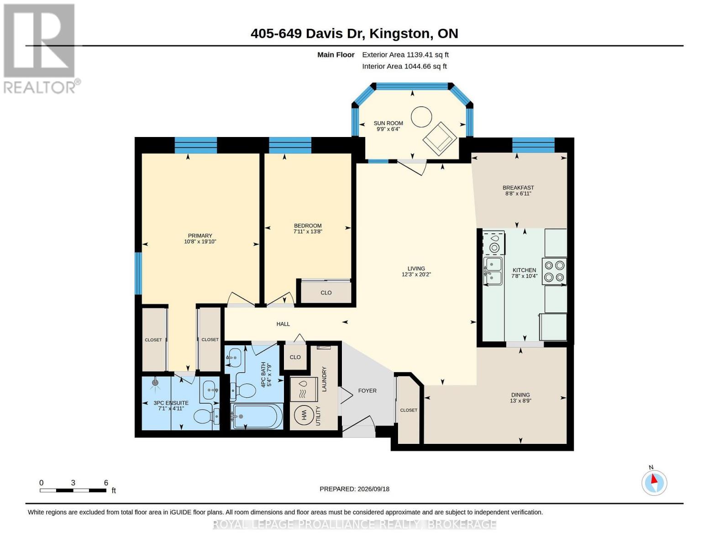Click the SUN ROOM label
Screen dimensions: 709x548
388,123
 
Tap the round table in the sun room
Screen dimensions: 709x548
421,117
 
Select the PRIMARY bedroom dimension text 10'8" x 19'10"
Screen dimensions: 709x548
200,242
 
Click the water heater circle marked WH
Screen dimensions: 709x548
303,416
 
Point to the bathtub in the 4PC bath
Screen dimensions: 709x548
257,416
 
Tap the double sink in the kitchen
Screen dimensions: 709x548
493,271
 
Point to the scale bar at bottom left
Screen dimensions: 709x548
73,490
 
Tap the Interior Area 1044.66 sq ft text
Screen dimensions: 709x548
404,66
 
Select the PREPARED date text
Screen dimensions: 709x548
354,489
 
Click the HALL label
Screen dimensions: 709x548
283,324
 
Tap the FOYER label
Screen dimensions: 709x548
367,390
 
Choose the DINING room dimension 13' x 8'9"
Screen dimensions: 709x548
520,400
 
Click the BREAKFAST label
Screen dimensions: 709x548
518,188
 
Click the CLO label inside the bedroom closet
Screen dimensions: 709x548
326,293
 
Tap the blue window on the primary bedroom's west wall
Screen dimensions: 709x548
138,274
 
